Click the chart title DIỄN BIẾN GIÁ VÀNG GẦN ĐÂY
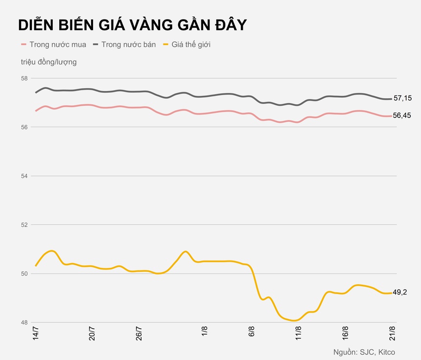pos(132,25)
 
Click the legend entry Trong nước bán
pos(128,45)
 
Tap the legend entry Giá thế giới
pos(190,45)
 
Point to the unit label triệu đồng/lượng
pos(48,62)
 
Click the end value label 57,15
pos(402,98)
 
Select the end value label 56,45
pos(402,115)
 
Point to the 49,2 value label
pos(400,292)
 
